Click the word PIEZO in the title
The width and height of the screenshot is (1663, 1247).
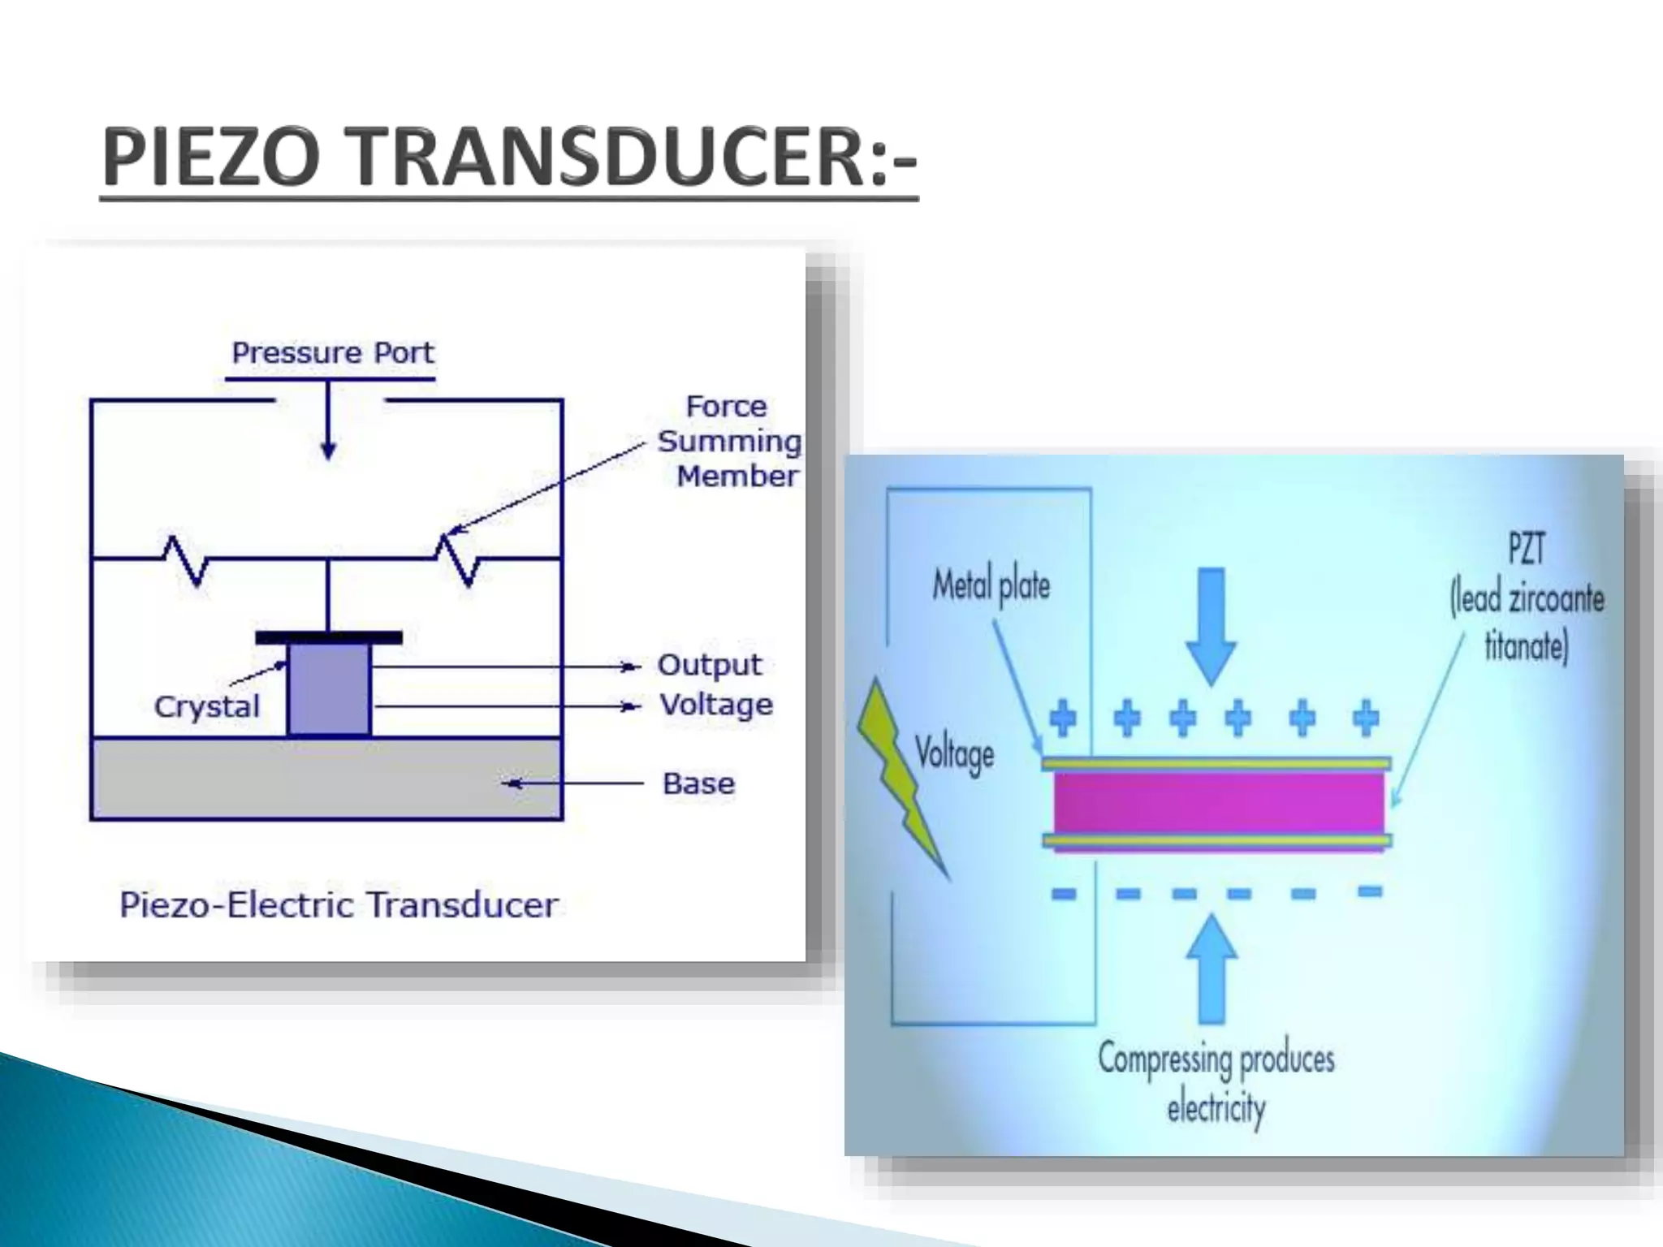click(x=209, y=159)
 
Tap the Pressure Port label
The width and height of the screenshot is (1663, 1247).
click(x=333, y=353)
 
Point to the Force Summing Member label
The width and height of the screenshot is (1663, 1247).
click(x=728, y=442)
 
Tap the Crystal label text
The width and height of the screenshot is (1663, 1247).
click(x=207, y=707)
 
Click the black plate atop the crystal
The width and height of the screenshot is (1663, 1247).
click(x=328, y=638)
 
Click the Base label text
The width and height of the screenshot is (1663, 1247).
click(x=698, y=784)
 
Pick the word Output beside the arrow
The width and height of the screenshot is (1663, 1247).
click(x=709, y=665)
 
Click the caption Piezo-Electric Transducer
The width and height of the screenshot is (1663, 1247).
click(x=339, y=905)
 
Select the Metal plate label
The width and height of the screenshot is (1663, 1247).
click(x=991, y=585)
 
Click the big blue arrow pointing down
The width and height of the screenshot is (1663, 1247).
click(x=1211, y=625)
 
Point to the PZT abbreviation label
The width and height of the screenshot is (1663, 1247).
click(x=1526, y=549)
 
